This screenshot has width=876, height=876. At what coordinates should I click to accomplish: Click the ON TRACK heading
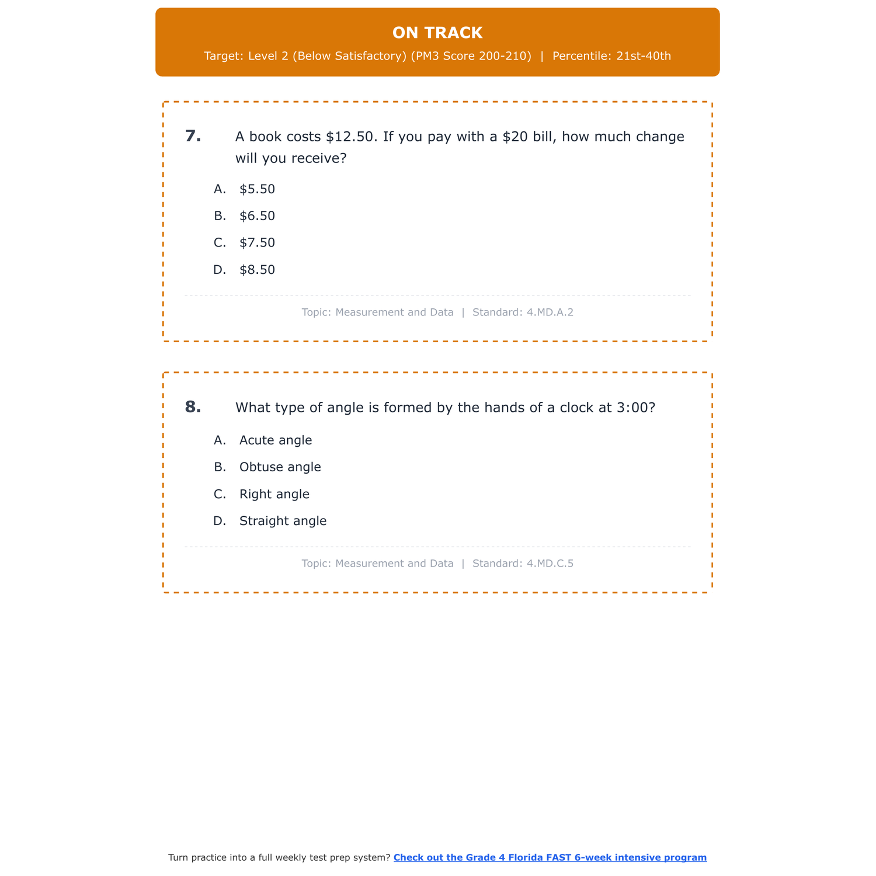tap(437, 33)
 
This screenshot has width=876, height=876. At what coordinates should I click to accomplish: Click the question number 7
tap(193, 136)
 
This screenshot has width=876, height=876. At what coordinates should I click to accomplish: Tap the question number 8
tap(193, 407)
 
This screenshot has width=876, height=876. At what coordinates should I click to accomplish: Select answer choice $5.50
tap(257, 189)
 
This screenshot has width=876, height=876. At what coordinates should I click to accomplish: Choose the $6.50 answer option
tap(257, 216)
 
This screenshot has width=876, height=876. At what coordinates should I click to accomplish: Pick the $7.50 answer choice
tap(257, 243)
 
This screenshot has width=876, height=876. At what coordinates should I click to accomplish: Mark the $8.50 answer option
tap(257, 270)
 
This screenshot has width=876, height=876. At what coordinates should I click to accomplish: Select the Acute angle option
tap(276, 440)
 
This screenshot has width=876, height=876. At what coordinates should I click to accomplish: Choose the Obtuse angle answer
tap(280, 467)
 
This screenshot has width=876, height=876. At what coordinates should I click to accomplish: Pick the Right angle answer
tap(274, 494)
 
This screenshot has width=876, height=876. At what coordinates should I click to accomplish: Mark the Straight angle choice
tap(283, 521)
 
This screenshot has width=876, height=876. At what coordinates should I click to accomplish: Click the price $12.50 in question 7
tap(350, 137)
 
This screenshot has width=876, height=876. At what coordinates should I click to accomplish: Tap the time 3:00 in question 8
tap(632, 408)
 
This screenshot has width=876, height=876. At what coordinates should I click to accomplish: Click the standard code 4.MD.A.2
tap(550, 312)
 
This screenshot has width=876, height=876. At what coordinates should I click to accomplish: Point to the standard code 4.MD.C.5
tap(550, 564)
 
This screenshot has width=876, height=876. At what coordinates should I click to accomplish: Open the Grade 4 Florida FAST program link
tap(550, 857)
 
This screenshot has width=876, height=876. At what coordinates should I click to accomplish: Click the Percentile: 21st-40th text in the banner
tap(611, 56)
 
